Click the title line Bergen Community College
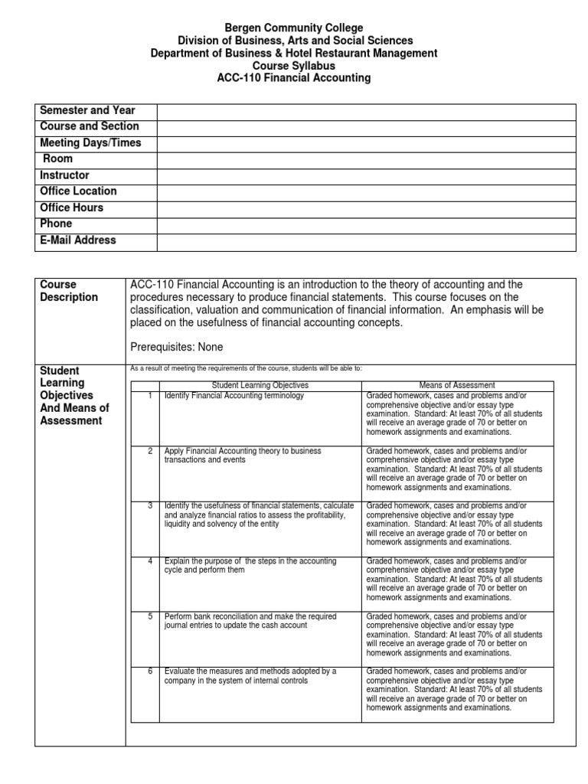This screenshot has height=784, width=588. tap(294, 28)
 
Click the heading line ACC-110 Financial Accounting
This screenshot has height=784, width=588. tap(294, 77)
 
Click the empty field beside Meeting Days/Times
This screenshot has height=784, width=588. tap(366, 144)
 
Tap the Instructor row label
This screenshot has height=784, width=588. tap(64, 175)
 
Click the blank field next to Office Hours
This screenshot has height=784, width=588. tap(366, 208)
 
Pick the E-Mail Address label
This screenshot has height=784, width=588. tap(78, 240)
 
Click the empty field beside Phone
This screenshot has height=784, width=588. tap(366, 224)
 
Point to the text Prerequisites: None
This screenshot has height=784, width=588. tap(177, 347)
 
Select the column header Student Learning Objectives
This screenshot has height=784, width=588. tap(260, 385)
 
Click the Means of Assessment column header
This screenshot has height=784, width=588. tap(457, 385)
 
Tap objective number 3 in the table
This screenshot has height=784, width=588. tap(151, 506)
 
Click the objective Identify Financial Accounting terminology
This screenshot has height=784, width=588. tap(234, 396)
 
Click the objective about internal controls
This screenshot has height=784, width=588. tap(250, 675)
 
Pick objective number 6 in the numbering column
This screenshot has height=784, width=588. tap(151, 671)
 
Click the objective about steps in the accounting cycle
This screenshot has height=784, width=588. tap(250, 566)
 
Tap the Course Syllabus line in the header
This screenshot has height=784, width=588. tap(294, 65)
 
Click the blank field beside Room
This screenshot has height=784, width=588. tap(366, 160)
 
